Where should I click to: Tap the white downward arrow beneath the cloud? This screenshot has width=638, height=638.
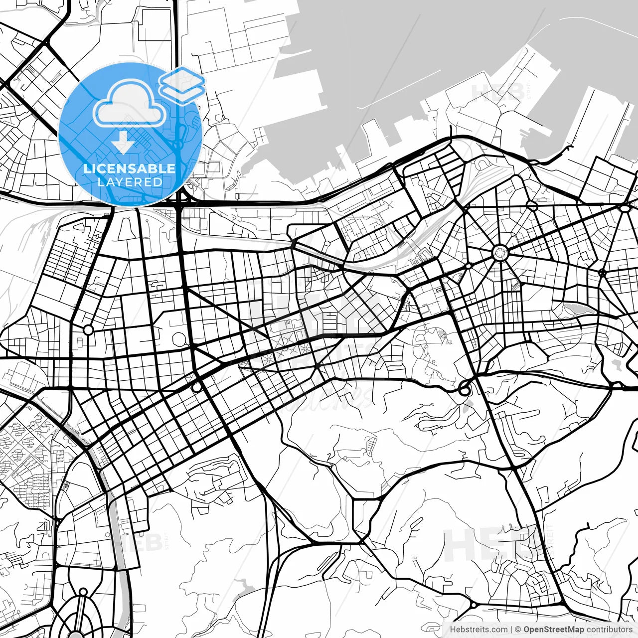pos(123,143)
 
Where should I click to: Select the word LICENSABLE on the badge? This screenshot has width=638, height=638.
pos(130,168)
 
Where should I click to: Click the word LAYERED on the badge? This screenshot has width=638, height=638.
pos(130,182)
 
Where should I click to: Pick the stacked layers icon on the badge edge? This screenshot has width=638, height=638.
pos(182,85)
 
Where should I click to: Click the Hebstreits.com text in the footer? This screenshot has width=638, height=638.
pos(478,630)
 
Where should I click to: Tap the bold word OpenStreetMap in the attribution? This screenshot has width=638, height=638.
pos(554,630)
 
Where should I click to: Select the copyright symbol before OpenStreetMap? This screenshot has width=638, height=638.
pos(518,630)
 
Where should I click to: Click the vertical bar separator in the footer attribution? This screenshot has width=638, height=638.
pos(511,630)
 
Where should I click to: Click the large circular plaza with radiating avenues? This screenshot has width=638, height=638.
pos(499,253)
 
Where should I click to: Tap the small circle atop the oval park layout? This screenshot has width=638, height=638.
pos(83,593)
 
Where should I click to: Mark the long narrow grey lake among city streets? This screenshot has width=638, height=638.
pos(578,310)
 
